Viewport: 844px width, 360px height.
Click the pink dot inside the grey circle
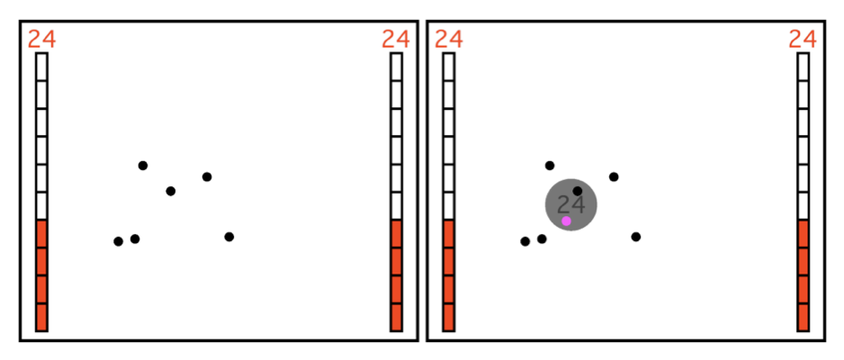[x=566, y=220]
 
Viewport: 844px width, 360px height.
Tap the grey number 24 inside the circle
[x=570, y=205]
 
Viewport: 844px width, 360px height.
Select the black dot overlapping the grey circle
[x=578, y=191]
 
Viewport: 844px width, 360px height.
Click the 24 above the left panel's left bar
[x=41, y=40]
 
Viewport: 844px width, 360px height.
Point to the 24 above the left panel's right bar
[x=396, y=40]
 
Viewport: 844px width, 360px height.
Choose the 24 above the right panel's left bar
[x=448, y=40]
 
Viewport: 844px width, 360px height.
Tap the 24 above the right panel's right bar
[x=803, y=40]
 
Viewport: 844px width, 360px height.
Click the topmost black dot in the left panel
[x=143, y=166]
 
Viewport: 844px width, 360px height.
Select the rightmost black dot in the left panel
[x=229, y=237]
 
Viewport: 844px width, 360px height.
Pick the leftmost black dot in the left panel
[x=119, y=241]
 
